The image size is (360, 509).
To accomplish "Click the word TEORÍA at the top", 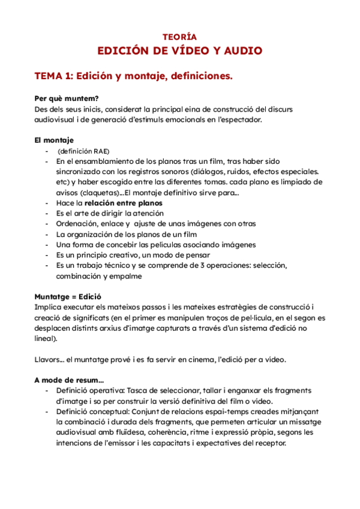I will [x=179, y=37].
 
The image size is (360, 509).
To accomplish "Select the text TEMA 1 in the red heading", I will [x=53, y=76].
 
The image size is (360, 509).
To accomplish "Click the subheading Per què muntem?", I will [x=67, y=98].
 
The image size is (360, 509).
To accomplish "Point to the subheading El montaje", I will [x=54, y=140].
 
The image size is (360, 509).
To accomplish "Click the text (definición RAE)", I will [x=83, y=151].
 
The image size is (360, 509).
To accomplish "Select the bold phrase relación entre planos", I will [x=124, y=203].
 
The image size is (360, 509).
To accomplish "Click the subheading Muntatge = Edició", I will [x=68, y=297].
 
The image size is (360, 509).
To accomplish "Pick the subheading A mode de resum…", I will [x=69, y=380].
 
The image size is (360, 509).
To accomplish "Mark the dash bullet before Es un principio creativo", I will [x=47, y=254].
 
